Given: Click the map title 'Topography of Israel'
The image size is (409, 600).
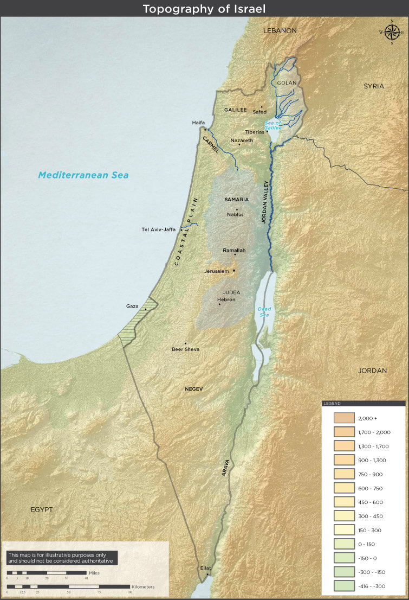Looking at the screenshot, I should coord(204,9).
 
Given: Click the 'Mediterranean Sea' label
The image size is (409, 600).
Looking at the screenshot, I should coord(83,175).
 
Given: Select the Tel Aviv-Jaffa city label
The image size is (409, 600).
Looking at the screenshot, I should coord(158,229).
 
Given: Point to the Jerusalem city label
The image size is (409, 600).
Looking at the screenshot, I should coord(217,271).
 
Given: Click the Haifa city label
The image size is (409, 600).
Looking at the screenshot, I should coord(198,123).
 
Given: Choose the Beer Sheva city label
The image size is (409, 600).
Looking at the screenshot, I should coord(185,349).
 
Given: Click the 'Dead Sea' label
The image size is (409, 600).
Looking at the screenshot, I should coord(264,312).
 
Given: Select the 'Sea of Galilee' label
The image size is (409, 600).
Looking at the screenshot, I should coord(273,125).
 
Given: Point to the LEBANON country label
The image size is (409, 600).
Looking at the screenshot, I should coord(280,31).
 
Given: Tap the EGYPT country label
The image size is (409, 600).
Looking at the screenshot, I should coord(42,509).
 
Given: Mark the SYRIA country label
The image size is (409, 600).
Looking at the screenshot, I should coord(374,86).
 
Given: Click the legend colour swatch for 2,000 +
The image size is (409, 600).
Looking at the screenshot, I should coord(343,418).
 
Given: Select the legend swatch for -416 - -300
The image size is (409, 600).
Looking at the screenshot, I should coord(343,585).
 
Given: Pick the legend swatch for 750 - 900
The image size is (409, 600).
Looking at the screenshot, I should coord(343,474).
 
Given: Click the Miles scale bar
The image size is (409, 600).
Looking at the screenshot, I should coord(47,572).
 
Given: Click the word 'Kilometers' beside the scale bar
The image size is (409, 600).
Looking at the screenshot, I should coord(143,587).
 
